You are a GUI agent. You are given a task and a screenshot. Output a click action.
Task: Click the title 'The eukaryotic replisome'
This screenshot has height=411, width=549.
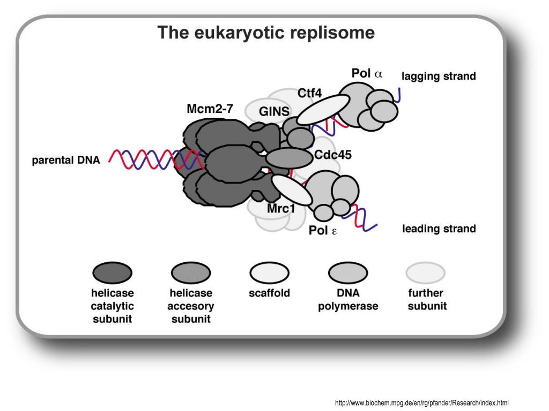pos(266,33)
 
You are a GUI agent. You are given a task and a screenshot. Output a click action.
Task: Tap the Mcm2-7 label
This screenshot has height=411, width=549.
pos(210,109)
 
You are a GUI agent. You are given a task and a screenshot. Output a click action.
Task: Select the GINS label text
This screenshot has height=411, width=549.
pos(274,111)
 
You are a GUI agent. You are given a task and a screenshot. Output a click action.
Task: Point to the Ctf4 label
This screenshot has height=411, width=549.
pos(309,93)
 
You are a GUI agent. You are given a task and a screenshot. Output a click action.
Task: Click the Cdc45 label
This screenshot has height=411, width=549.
pos(332,155)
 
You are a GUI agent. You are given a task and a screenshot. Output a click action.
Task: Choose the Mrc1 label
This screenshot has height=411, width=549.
pos(281,209)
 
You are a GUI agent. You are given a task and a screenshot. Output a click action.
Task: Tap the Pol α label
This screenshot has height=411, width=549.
pos(367,73)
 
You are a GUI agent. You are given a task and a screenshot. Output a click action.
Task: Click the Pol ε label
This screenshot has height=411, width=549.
pos(322,230)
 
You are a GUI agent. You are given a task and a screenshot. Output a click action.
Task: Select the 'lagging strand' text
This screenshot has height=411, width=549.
pos(439,76)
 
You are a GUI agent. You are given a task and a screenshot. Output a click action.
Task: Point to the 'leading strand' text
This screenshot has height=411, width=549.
pos(439,229)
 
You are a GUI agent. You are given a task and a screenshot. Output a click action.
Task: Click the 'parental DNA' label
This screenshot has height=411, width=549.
pos(66,160)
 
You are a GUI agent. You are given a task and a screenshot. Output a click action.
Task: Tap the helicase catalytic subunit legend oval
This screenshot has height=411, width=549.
pos(113,272)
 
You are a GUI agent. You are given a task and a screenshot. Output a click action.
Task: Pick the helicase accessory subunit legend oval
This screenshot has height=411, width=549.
pos(191,272)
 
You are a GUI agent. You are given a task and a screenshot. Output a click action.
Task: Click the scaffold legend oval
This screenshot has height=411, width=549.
pos(269,272)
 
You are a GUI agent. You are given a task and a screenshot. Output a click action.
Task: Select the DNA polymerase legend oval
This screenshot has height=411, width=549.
pos(348,272)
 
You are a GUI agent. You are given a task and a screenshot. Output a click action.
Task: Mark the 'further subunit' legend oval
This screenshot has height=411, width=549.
pos(425,272)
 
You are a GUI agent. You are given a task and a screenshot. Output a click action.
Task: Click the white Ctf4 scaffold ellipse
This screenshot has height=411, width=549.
pos(323,109)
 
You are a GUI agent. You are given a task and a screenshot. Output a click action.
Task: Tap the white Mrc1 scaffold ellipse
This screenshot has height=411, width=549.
pos(292,190)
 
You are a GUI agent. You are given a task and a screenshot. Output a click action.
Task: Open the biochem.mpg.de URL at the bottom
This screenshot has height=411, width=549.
pos(422,402)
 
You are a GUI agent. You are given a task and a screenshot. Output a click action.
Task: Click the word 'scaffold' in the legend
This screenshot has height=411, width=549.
pos(269,293)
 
